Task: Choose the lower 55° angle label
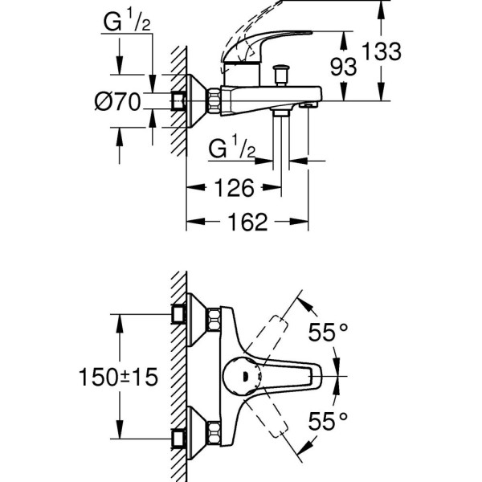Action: [x=330, y=419]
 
